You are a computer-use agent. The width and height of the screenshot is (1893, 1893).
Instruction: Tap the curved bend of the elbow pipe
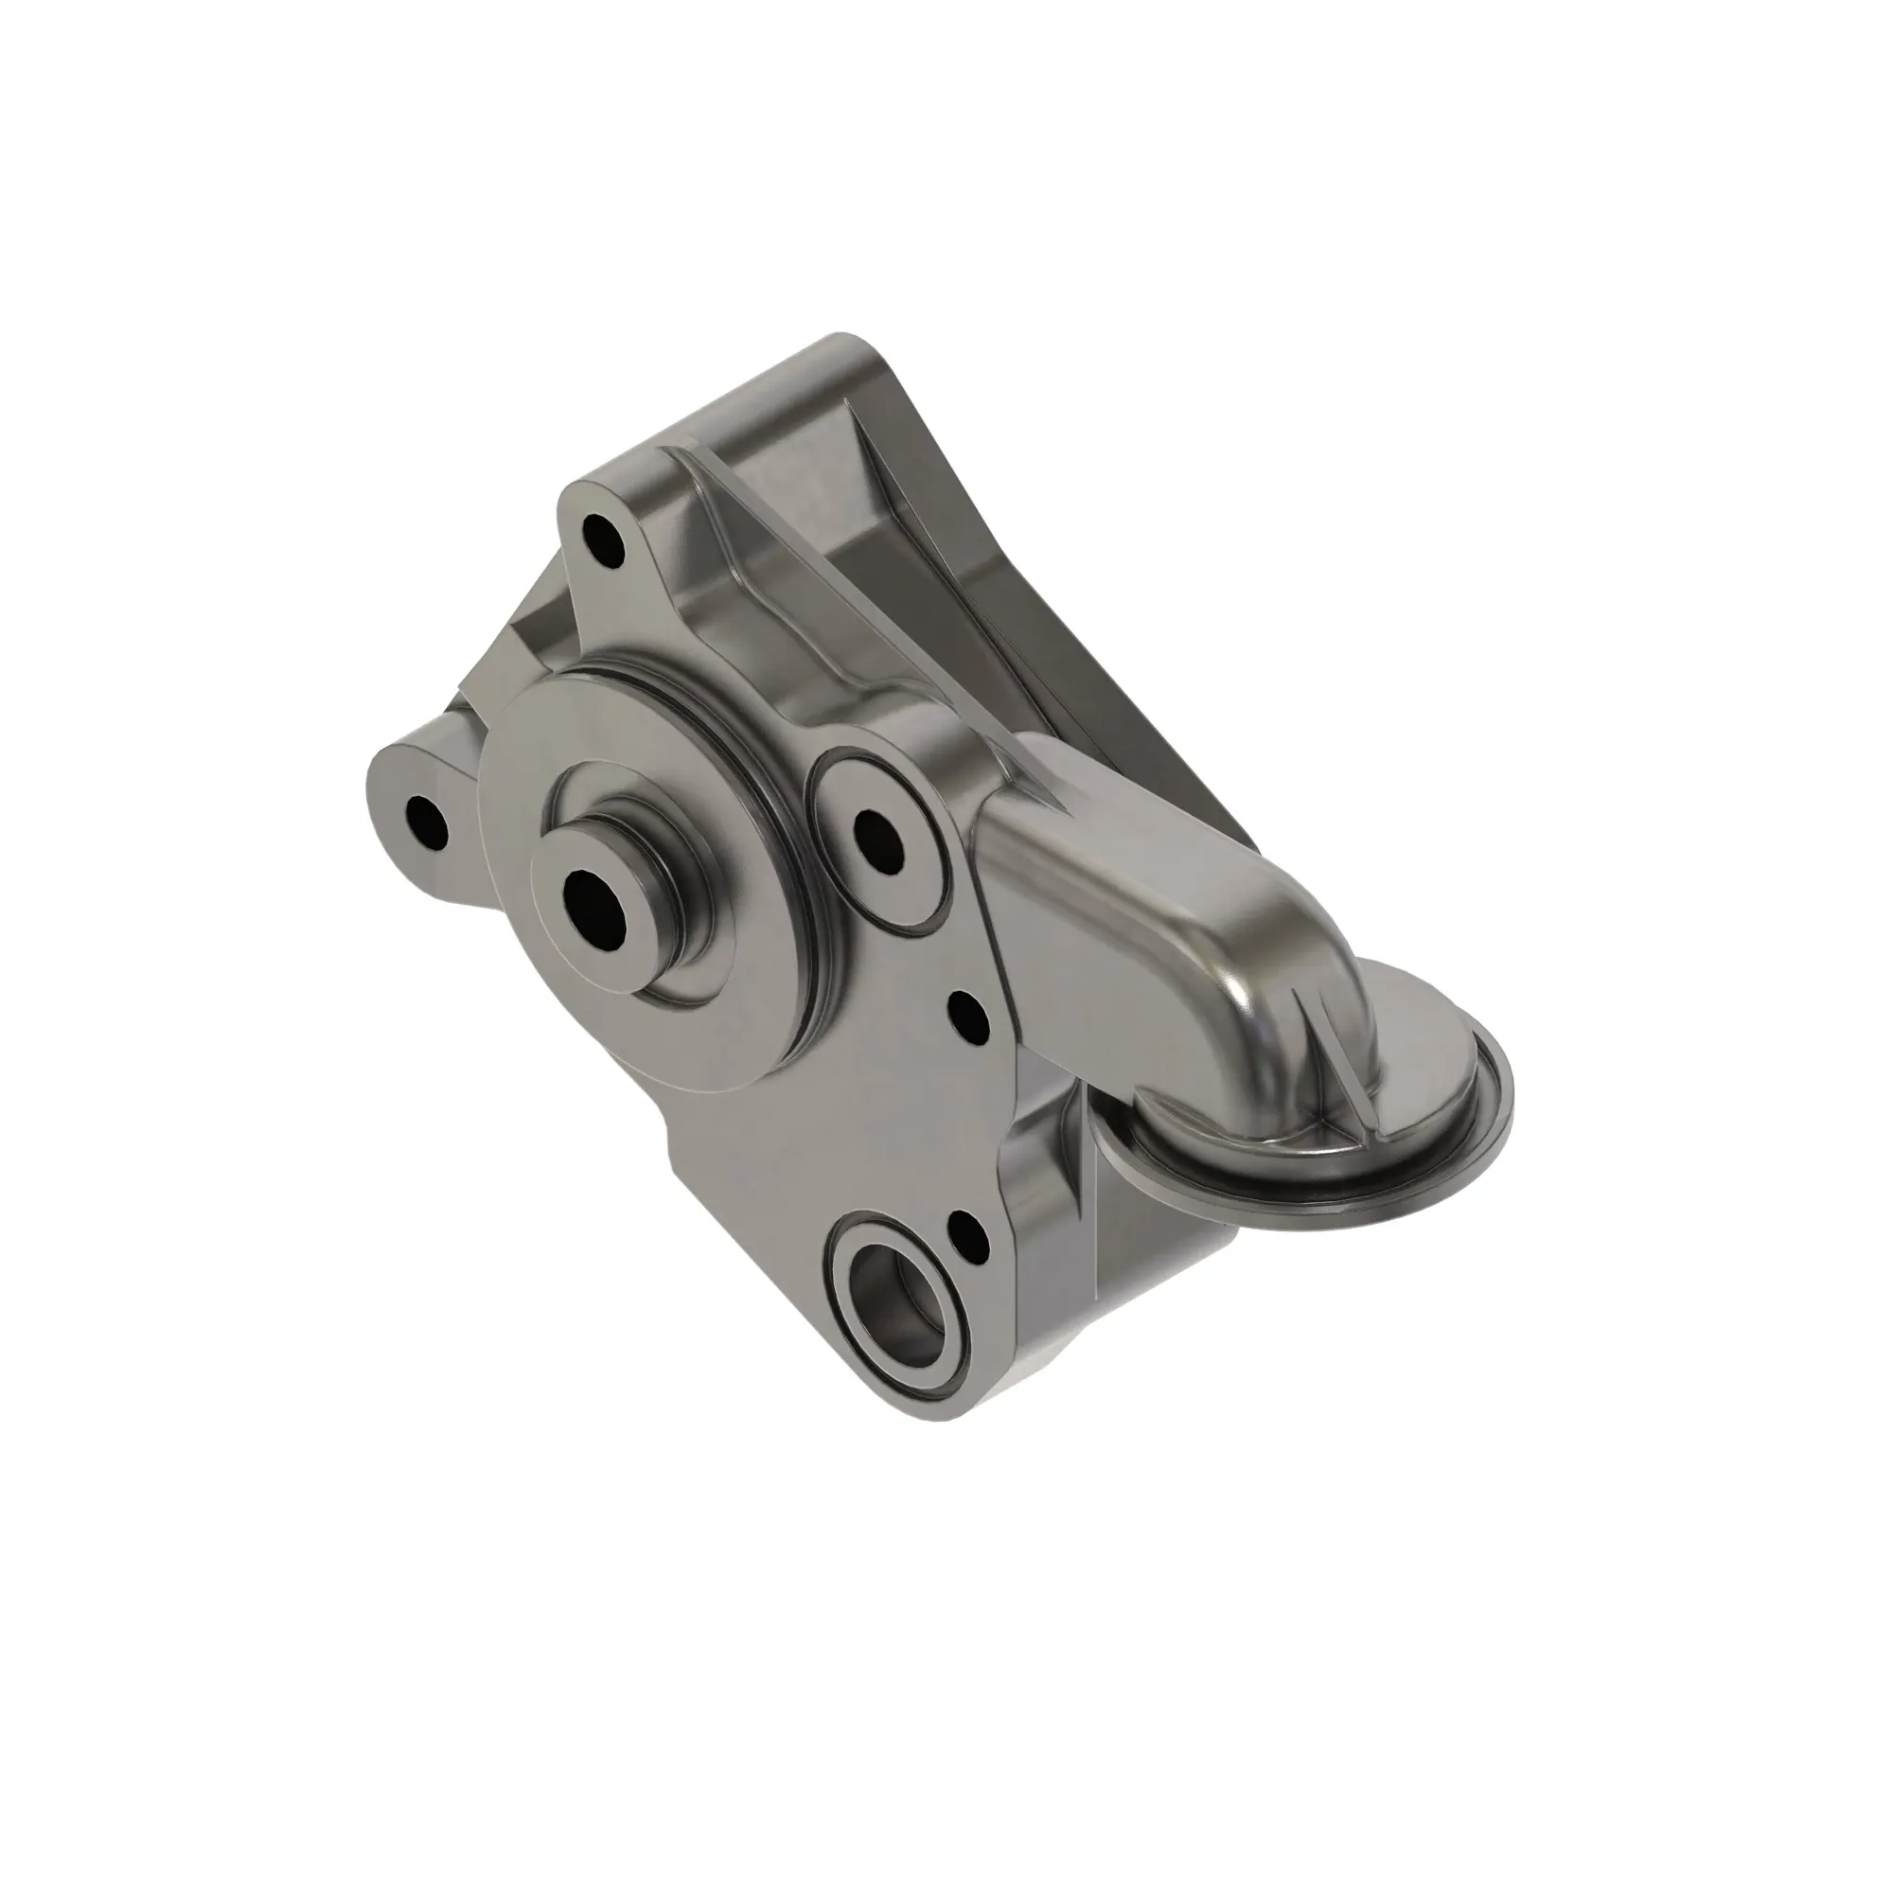coord(1264,941)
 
